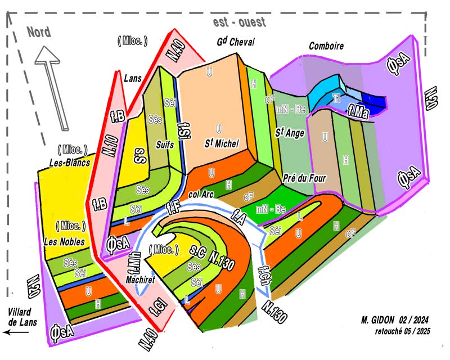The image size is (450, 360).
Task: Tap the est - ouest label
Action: pos(240,22)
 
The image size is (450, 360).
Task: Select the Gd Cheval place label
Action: pos(236,43)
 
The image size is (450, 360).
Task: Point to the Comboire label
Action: pos(326,46)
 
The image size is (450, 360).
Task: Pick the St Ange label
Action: pos(290,133)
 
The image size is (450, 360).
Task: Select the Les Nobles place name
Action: pos(64,242)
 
